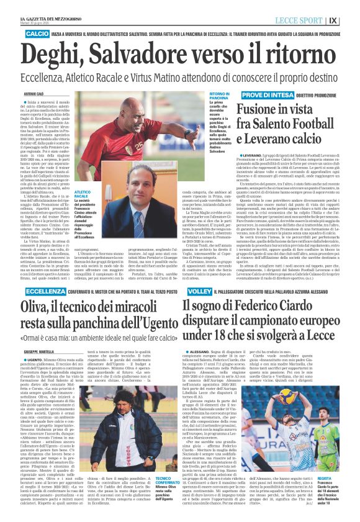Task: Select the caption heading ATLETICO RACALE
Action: coord(81,195)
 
